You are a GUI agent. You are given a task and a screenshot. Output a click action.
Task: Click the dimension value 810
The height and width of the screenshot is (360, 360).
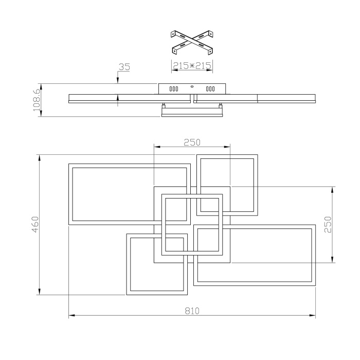pos(192,311)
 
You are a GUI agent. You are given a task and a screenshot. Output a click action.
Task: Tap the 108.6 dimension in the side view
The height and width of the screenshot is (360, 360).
pos(35,100)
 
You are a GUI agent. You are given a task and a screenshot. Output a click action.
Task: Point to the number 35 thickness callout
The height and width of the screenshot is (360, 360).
pos(123,67)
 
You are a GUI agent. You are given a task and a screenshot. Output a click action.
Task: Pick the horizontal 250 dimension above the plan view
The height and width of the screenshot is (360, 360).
pos(192,142)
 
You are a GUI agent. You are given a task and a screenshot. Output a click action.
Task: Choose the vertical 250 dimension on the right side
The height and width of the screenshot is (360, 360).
pos(328,225)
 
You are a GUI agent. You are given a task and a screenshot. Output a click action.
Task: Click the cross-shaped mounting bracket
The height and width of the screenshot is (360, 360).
pos(192,43)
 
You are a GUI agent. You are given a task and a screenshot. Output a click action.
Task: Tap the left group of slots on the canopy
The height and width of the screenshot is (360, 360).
pos(174,89)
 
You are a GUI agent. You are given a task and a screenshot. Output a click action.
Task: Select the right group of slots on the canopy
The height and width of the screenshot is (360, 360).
pos(210,89)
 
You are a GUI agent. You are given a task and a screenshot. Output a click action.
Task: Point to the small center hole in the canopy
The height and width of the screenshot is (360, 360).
pos(192,86)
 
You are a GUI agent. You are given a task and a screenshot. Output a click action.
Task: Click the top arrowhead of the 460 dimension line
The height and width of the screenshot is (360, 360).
pos(40,158)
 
